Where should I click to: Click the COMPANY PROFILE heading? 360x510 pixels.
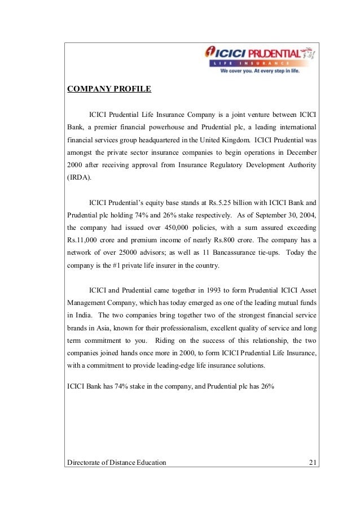[109, 89]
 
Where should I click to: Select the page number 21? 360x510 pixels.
[312, 463]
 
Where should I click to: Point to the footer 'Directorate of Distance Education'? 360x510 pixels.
[117, 463]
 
